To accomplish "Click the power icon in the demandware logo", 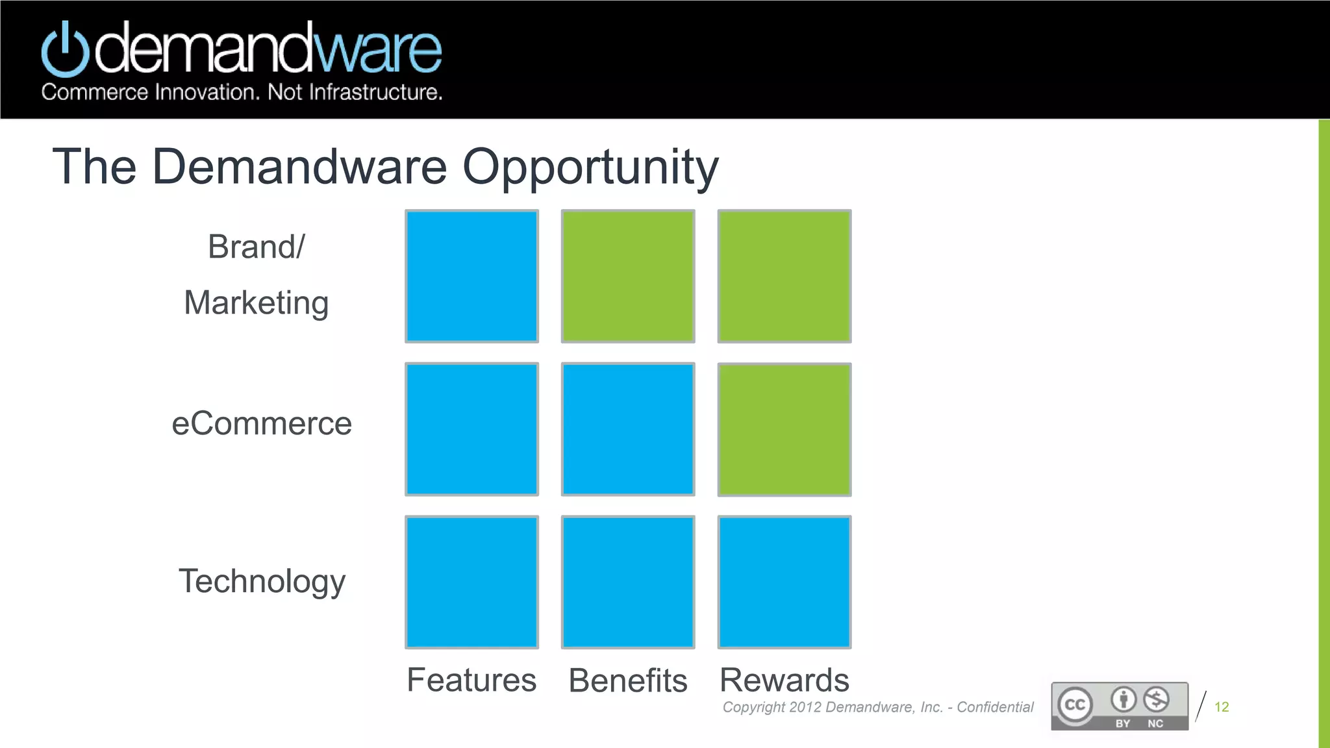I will (65, 49).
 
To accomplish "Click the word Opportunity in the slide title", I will (590, 168).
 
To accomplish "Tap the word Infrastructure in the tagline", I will (375, 92).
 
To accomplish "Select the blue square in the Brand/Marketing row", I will (471, 276).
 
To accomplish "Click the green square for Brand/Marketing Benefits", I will (628, 276).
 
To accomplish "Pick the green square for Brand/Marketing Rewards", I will (784, 276).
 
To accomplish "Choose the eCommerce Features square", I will (471, 429).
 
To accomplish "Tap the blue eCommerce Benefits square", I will (628, 429).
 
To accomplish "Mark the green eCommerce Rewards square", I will (784, 429).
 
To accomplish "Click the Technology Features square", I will (471, 582).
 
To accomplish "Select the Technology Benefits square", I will (628, 582).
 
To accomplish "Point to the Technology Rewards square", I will (784, 582).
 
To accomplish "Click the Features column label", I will (471, 680).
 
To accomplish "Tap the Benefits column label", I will (628, 680).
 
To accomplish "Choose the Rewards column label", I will (784, 680).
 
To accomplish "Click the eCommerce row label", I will (262, 423).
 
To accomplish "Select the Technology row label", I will (262, 581).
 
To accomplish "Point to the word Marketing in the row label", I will (257, 303).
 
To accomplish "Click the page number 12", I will (1221, 706).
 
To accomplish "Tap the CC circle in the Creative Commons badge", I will (1075, 705).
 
